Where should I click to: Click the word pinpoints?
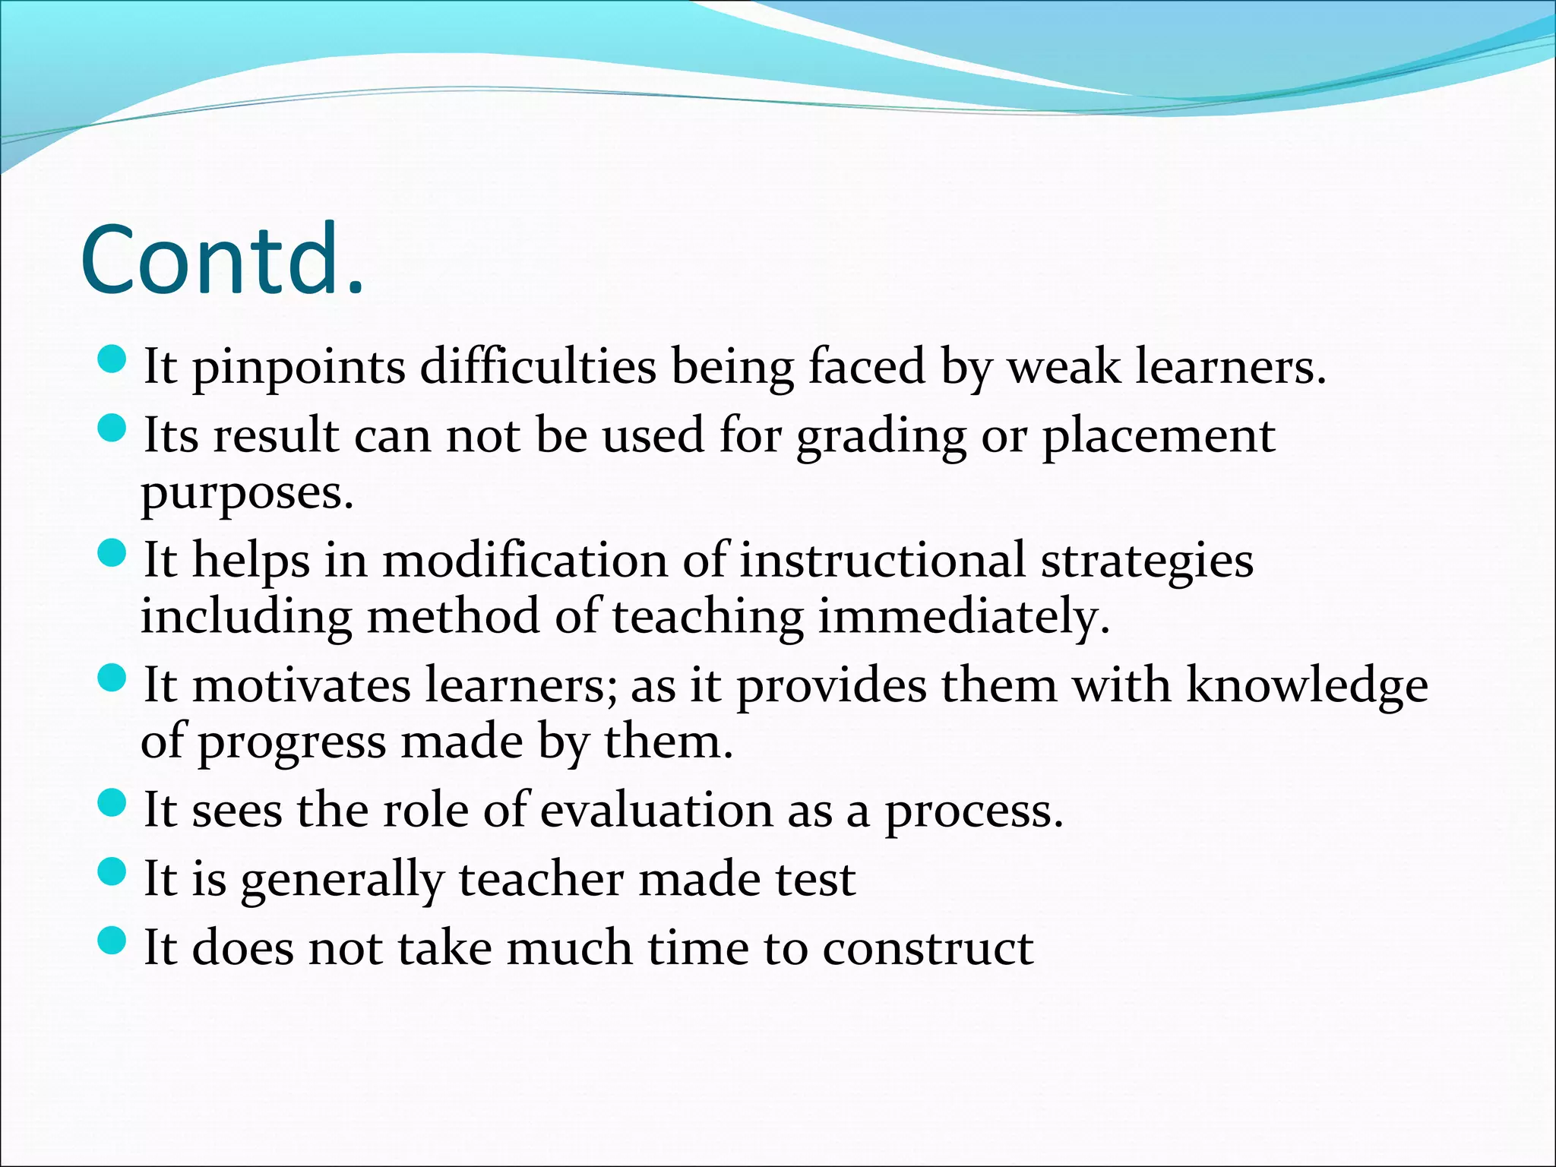(x=299, y=368)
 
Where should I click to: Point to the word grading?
(x=881, y=438)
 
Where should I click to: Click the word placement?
(x=1158, y=438)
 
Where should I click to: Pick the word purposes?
(x=247, y=494)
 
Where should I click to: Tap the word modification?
(x=524, y=561)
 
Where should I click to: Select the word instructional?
(x=882, y=561)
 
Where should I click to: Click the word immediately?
(x=963, y=617)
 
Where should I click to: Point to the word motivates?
(x=301, y=685)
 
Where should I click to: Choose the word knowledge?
(x=1307, y=687)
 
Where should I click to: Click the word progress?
(x=292, y=743)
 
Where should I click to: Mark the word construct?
(x=927, y=948)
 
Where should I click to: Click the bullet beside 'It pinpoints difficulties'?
(x=112, y=359)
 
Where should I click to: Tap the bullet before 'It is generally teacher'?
(x=112, y=871)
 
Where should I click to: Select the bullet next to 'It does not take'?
(x=112, y=941)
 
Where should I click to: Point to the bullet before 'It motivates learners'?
(x=112, y=678)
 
